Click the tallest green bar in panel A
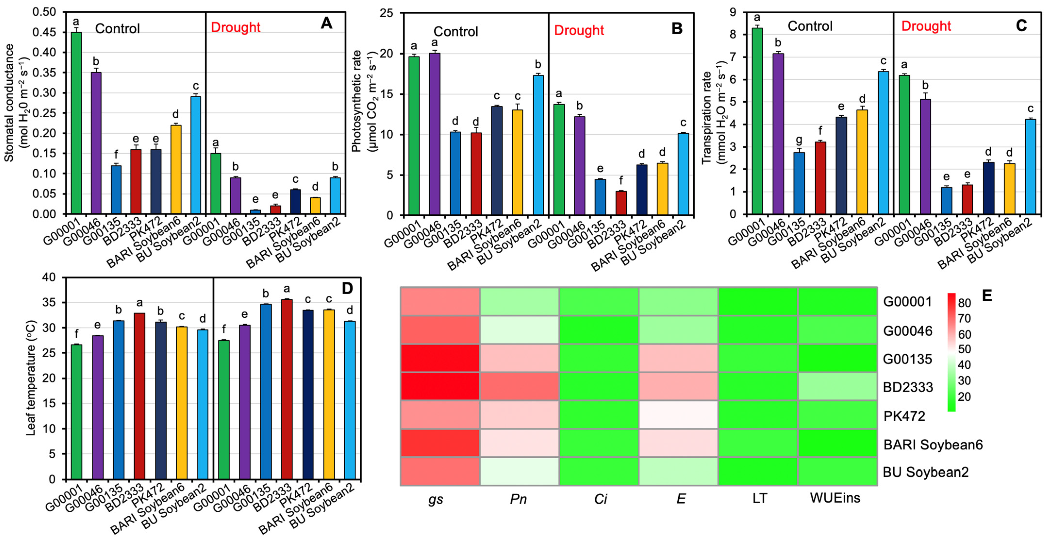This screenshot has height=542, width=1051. pos(76,122)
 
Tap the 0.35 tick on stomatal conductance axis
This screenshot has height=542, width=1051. pos(44,73)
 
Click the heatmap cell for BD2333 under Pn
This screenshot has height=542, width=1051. pos(519,386)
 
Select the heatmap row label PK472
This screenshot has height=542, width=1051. pos(904,416)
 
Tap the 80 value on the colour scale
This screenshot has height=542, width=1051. pos(965,303)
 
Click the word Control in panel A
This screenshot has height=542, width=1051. pos(117,29)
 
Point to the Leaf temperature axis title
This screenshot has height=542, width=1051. pos(31,378)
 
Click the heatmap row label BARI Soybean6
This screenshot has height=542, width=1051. pos(933,444)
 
